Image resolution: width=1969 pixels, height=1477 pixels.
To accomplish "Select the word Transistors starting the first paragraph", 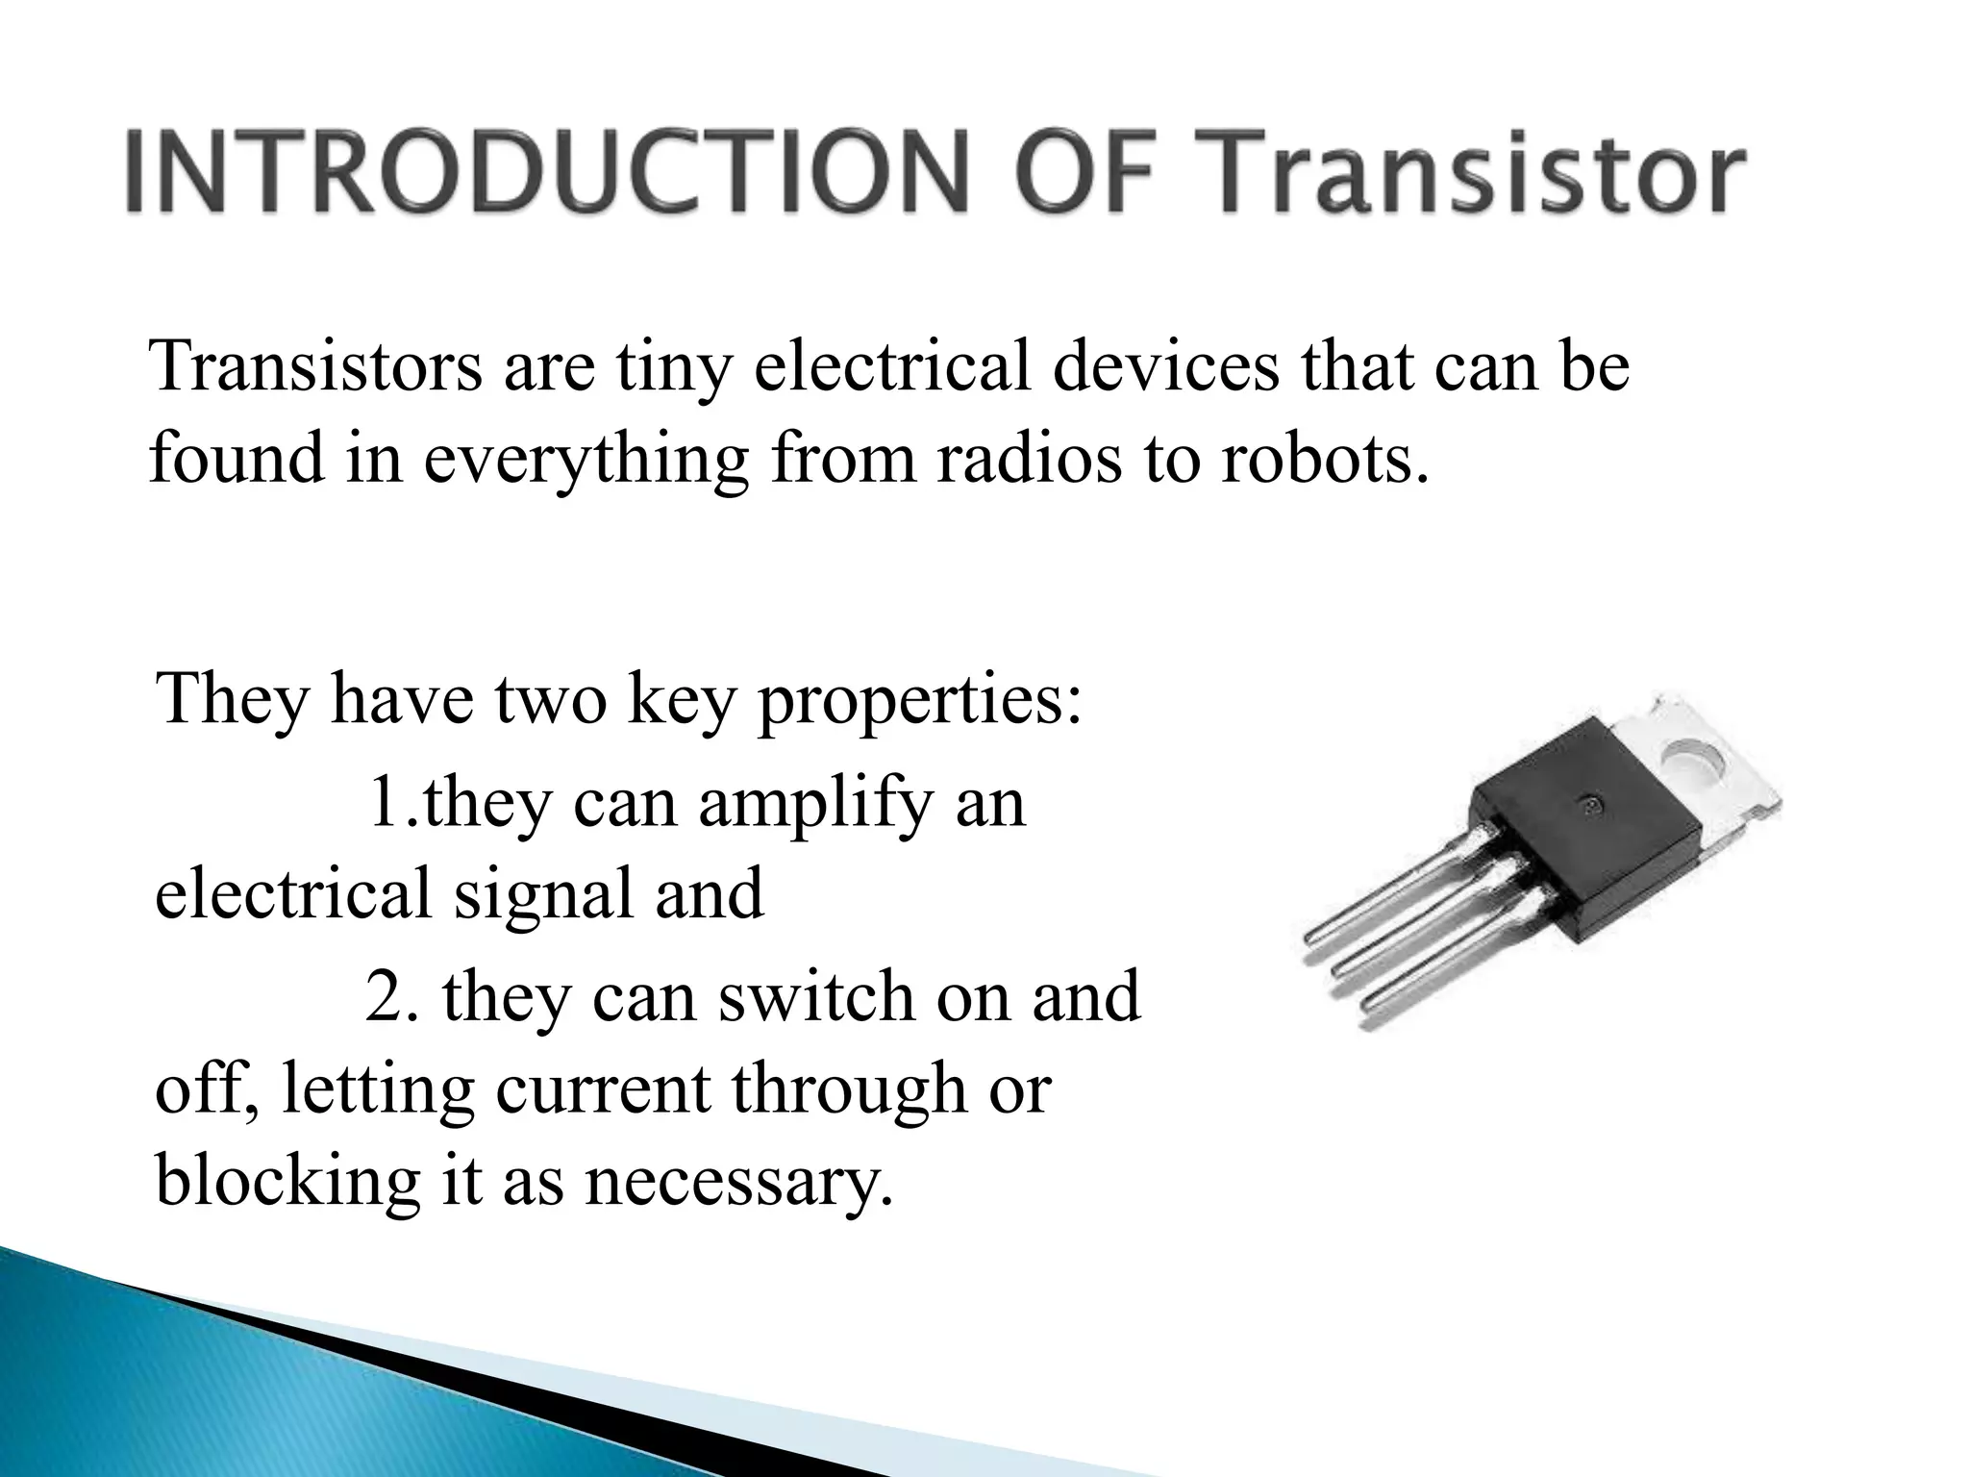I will coord(316,367).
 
